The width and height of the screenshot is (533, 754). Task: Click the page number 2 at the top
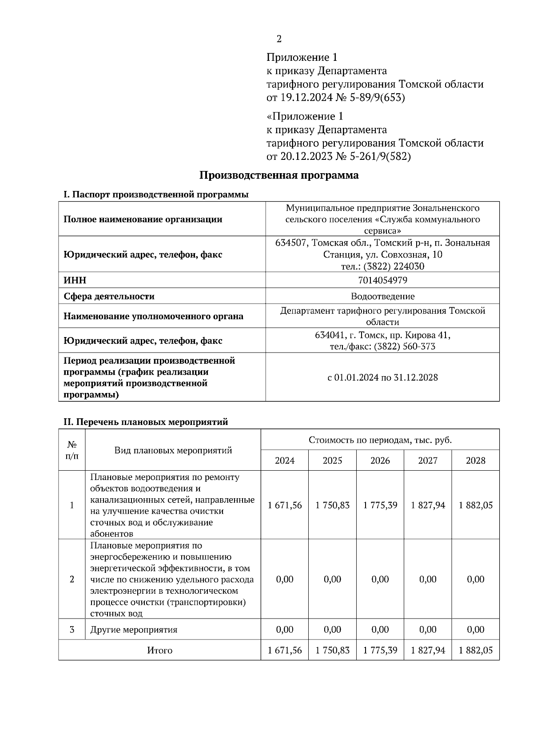[279, 39]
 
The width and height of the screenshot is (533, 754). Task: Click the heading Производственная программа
[278, 175]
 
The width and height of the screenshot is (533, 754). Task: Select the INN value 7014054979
[382, 280]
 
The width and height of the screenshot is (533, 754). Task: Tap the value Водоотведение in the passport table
[382, 296]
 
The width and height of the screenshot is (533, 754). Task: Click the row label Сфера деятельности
[109, 296]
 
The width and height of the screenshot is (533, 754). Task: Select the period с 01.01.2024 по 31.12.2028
[382, 377]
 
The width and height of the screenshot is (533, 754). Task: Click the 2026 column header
[380, 460]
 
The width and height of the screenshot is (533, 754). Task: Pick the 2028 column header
[475, 460]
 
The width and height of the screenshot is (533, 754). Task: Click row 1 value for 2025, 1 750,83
[332, 505]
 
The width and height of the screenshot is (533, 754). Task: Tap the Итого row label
[159, 650]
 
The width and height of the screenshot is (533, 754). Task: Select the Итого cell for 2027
[428, 650]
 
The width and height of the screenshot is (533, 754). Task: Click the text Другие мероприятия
[134, 630]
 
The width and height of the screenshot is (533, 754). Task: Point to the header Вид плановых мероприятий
[173, 450]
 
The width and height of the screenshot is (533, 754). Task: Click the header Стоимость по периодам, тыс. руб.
[380, 440]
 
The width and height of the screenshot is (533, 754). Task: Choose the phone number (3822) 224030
[394, 266]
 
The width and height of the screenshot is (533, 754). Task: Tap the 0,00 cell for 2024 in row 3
[285, 630]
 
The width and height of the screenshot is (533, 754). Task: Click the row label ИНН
[75, 280]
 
